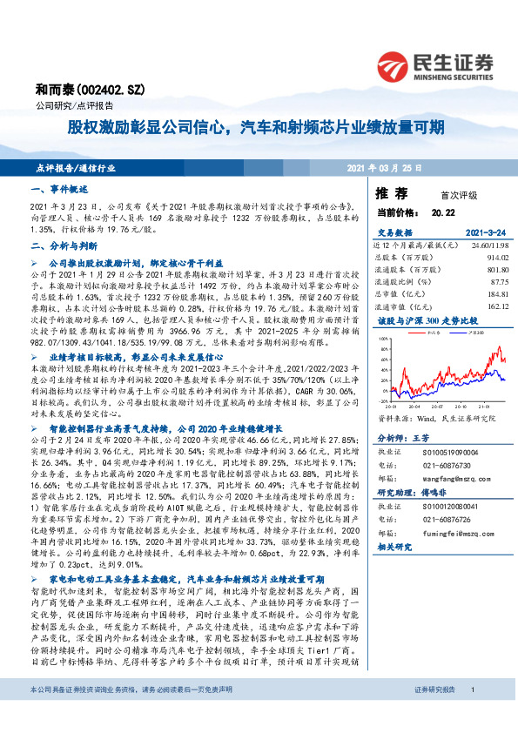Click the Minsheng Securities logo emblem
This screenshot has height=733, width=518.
[x=395, y=65]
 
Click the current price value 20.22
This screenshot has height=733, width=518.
[x=443, y=211]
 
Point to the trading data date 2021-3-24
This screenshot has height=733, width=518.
[x=483, y=233]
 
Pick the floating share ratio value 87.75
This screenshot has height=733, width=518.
[x=495, y=281]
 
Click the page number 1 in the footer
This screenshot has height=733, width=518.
[x=471, y=714]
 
